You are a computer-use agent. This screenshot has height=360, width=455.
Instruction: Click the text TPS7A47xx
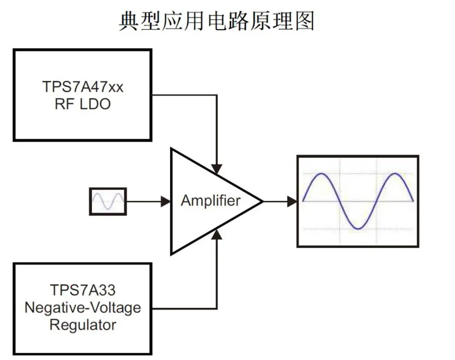click(83, 87)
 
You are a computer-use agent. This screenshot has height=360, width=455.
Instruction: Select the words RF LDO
click(83, 104)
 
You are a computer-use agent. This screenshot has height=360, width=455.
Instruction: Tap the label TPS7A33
click(83, 290)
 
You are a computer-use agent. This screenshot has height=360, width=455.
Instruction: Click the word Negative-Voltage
click(83, 308)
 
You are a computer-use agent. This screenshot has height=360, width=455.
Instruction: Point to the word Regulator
click(83, 325)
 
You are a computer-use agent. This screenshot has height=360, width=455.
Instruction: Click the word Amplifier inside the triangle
click(211, 200)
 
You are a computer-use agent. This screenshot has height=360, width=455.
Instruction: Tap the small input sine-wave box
click(108, 201)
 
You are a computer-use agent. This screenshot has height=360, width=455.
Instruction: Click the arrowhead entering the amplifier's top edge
click(217, 169)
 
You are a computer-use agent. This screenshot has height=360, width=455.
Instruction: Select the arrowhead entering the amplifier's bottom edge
click(217, 234)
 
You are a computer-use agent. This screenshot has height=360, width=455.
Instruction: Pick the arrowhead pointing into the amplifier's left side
click(166, 201)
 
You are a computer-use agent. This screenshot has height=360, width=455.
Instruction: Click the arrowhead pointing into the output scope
click(292, 201)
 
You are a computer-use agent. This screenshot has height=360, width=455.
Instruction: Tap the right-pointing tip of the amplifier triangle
click(263, 201)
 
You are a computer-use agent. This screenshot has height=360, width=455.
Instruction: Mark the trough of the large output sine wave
click(359, 229)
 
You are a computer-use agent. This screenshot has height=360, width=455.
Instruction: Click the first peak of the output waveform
click(321, 174)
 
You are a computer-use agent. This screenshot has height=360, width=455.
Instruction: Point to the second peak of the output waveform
click(395, 174)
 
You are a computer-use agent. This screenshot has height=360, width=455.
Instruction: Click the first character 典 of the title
click(129, 21)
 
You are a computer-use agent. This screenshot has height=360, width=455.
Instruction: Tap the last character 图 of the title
click(305, 21)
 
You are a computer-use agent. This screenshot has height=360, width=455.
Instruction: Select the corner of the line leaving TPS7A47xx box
click(217, 95)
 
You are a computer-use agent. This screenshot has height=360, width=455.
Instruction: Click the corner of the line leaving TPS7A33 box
click(217, 308)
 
